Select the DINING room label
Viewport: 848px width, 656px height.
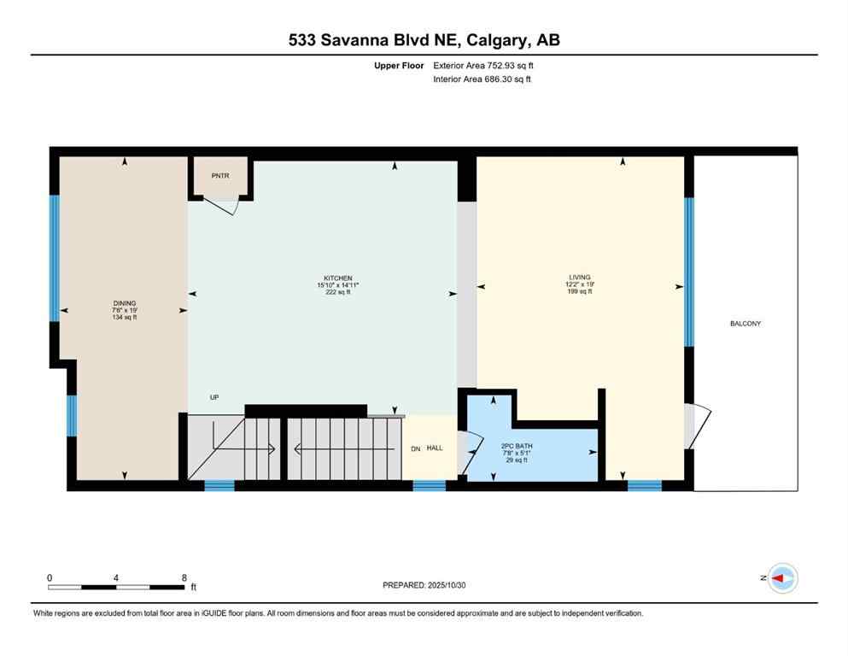[125, 303]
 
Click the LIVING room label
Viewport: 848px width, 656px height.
[580, 278]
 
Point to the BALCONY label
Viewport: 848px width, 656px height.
[745, 324]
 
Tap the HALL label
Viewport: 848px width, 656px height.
[435, 448]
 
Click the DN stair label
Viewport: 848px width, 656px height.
[415, 448]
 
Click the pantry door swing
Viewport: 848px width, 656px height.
[224, 207]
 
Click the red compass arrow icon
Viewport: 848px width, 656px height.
[779, 578]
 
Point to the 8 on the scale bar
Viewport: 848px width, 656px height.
[184, 577]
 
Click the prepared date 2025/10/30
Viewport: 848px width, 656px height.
[446, 585]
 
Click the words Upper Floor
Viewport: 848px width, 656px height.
[399, 65]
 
